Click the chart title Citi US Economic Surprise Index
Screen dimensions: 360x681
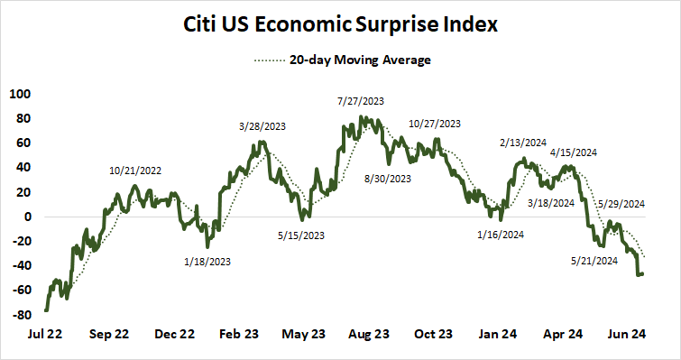pos(340,24)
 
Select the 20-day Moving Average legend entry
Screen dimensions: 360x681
pos(340,60)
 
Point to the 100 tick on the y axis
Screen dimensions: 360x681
pos(19,94)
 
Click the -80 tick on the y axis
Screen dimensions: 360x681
pos(19,315)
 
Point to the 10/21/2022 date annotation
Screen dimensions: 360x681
pos(134,170)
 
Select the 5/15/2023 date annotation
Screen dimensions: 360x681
pos(301,236)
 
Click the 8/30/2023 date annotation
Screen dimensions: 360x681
pos(388,180)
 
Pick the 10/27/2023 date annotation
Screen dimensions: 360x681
pos(434,124)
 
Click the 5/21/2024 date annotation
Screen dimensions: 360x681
pos(594,261)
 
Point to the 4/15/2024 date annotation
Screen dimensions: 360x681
pos(573,153)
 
